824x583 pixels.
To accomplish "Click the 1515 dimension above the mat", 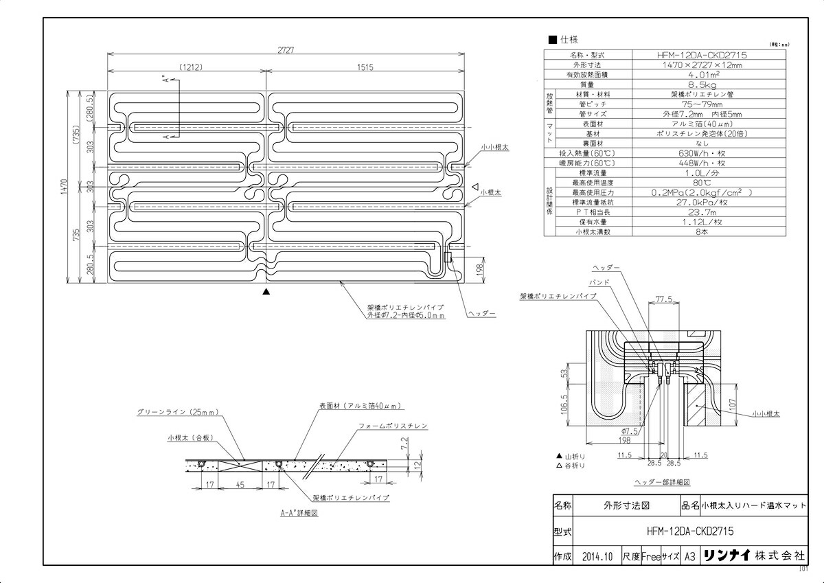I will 365,67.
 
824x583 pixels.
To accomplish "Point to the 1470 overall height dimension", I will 63,187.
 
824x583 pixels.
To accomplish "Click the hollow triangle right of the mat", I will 474,186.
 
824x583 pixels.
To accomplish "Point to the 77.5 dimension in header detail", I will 663,300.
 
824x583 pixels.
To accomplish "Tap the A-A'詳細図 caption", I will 299,512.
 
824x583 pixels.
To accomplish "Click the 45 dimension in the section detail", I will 240,484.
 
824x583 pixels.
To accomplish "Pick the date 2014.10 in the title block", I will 596,556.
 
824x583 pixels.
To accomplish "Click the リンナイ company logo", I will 728,556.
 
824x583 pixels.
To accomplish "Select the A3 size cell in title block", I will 691,556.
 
